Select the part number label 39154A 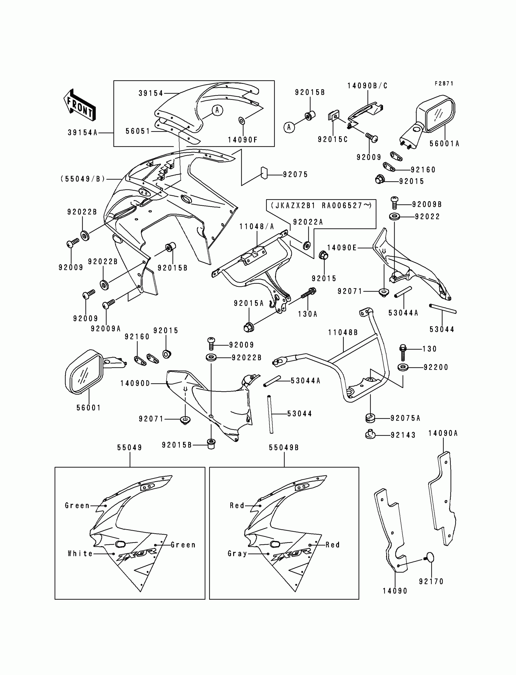[x=83, y=133]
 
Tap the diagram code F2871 [x=444, y=84]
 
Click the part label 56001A [x=444, y=144]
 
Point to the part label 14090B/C [x=367, y=86]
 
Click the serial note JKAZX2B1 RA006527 [x=321, y=206]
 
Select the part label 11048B [x=343, y=332]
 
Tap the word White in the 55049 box [x=80, y=553]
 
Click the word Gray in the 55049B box [x=237, y=553]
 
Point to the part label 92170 [x=431, y=581]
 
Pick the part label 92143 [x=403, y=435]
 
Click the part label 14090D [x=135, y=384]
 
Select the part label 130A [x=307, y=314]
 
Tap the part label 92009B [x=427, y=204]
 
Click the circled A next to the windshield [x=217, y=110]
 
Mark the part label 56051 [x=138, y=131]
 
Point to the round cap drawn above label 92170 [x=430, y=557]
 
